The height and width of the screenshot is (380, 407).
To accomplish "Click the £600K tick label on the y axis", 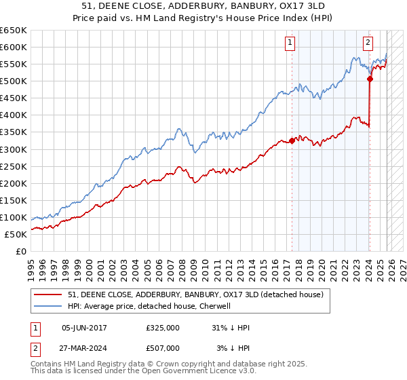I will pos(14,47).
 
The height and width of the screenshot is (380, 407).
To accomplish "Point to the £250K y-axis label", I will pos(14,166).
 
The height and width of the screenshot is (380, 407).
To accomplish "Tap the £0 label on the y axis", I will pos(21,251).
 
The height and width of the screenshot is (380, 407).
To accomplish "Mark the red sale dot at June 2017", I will pos(292,140).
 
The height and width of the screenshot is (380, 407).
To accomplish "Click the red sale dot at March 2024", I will pos(370,79).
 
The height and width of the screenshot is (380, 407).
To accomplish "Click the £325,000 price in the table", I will pos(163,328).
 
